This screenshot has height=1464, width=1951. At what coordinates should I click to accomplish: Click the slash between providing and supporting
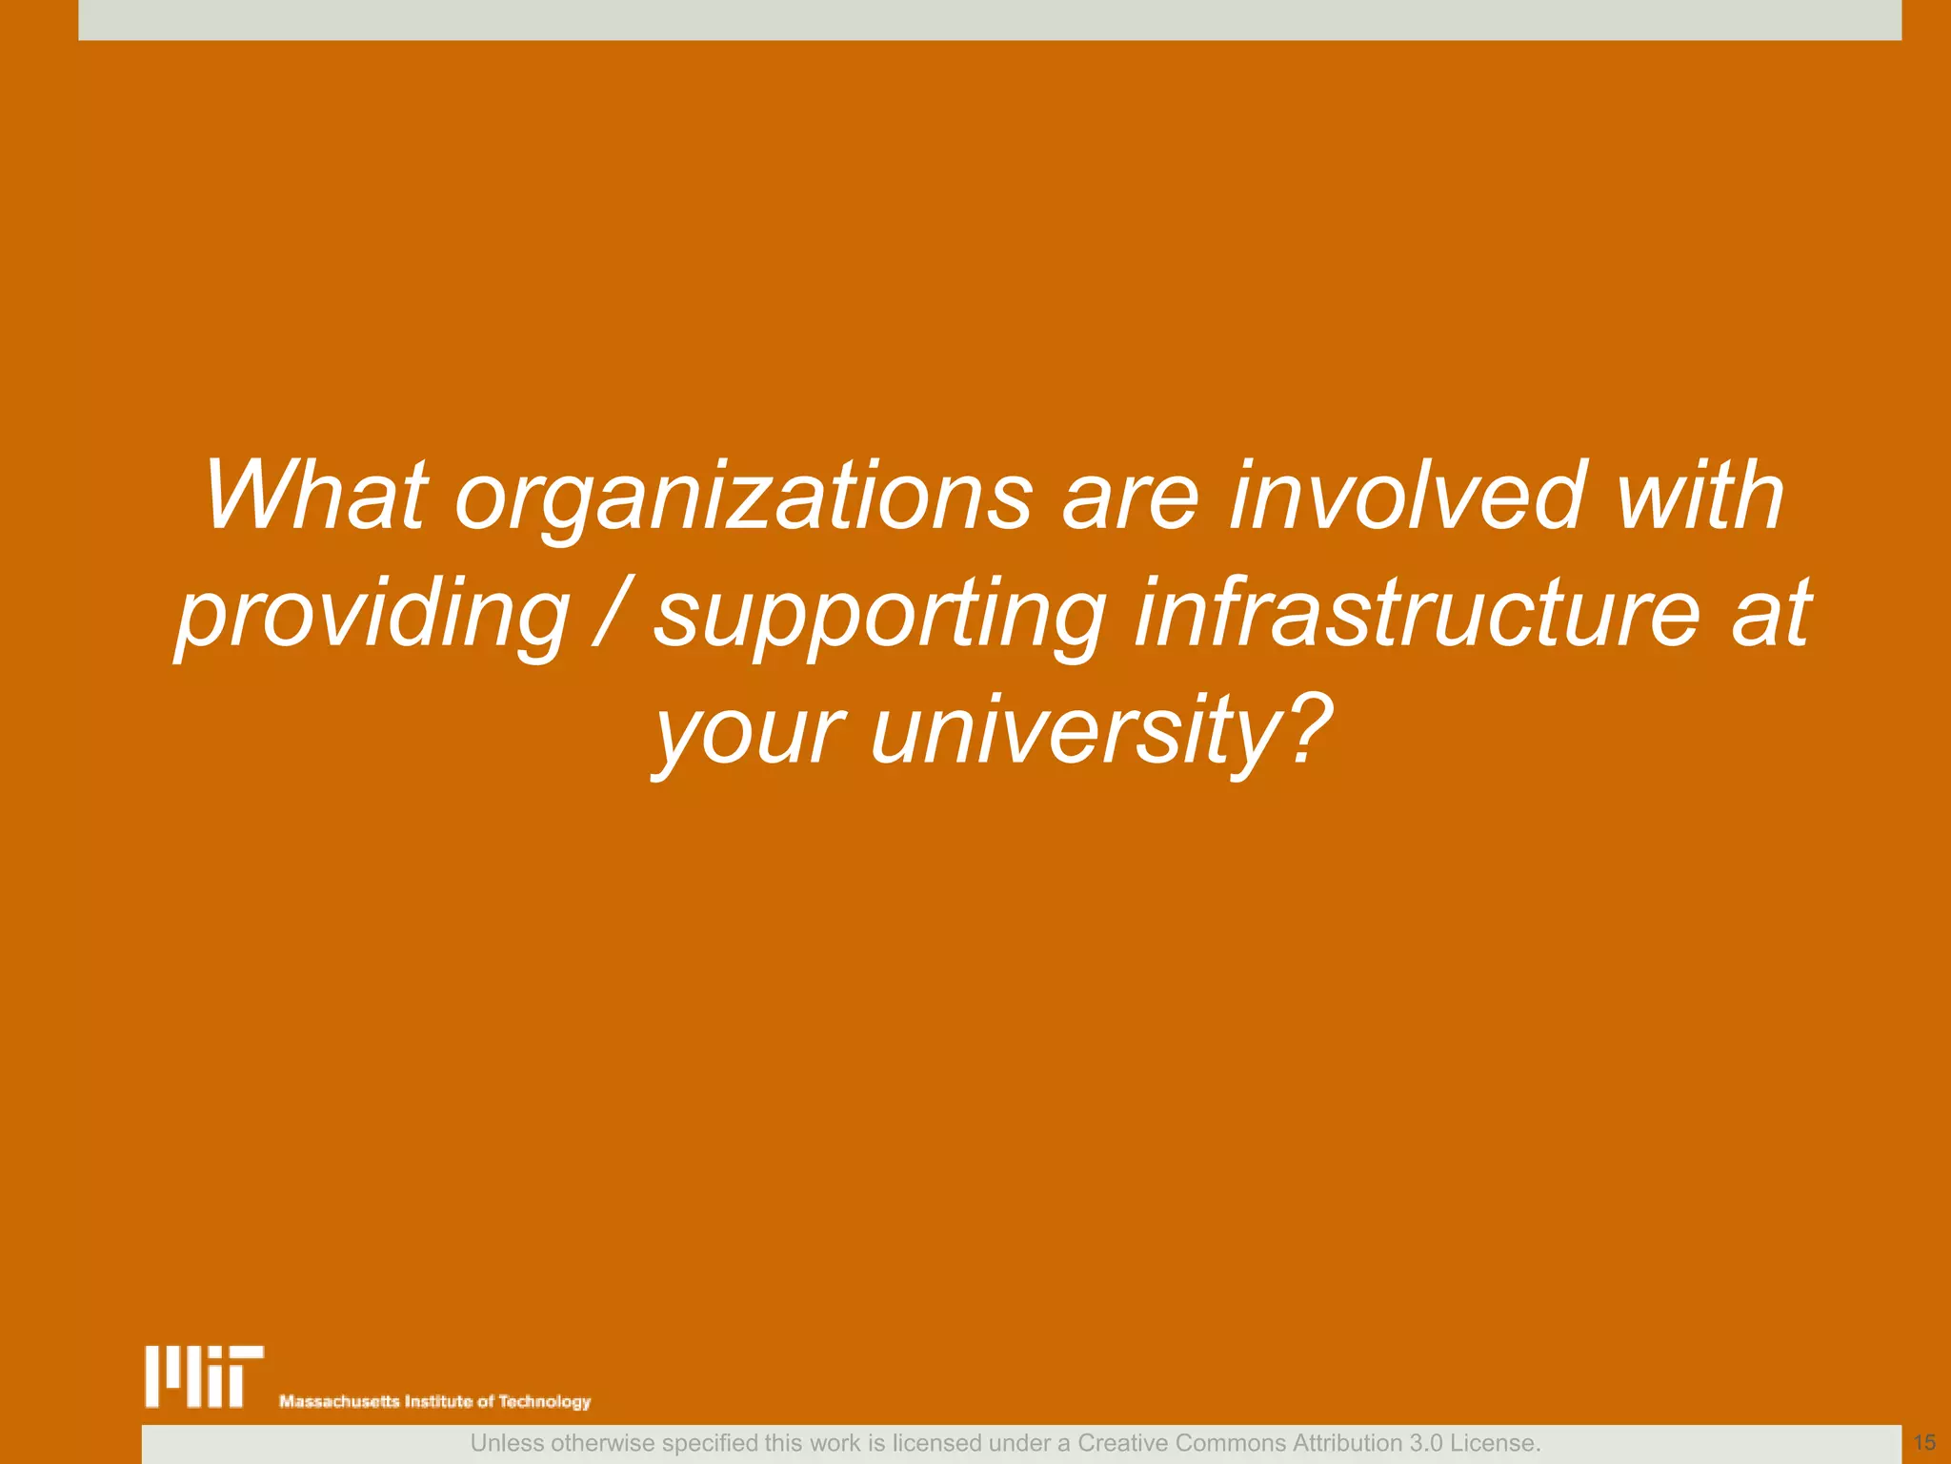(x=611, y=614)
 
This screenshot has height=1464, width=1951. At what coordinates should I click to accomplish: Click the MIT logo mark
(x=204, y=1376)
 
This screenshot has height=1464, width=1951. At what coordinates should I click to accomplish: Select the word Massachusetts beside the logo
(x=339, y=1401)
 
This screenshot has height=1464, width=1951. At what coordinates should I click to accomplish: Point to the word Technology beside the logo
(x=545, y=1401)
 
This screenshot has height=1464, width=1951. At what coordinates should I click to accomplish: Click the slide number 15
(x=1924, y=1443)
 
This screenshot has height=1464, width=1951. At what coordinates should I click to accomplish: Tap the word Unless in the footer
(x=507, y=1443)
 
